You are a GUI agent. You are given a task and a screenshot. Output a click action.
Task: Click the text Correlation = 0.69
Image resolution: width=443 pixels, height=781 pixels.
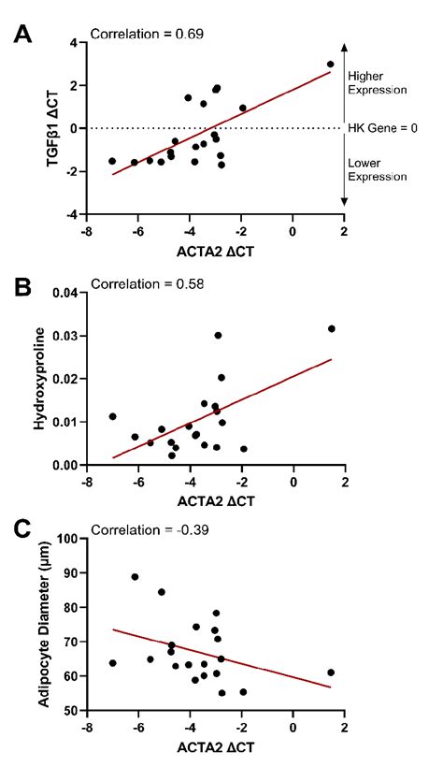point(147,35)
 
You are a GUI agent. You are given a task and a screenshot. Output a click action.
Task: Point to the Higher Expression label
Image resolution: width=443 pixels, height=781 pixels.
point(376,83)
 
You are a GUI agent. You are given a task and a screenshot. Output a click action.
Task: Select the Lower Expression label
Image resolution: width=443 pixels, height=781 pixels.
point(376,169)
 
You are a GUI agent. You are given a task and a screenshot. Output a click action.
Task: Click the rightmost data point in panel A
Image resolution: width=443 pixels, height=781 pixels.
point(331,65)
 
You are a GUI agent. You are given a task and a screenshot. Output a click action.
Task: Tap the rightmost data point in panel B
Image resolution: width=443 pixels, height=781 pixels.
point(331,329)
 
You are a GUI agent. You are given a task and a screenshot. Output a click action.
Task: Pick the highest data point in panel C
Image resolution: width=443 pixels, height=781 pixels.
point(135,577)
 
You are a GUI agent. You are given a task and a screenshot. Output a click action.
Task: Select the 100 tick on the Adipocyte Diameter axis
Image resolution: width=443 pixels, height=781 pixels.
point(64,539)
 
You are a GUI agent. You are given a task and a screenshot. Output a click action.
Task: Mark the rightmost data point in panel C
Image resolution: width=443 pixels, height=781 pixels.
point(331,673)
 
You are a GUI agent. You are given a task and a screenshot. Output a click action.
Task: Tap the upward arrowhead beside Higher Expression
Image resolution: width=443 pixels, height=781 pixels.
point(345,46)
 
